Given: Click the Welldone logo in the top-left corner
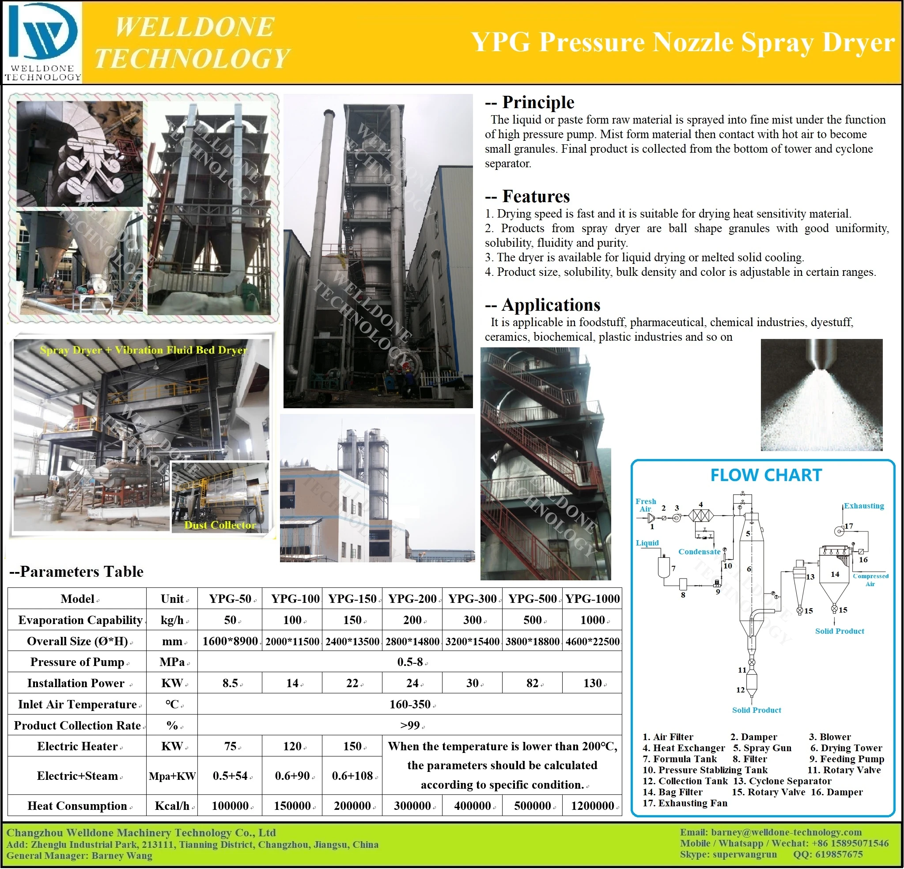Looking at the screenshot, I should click(42, 41).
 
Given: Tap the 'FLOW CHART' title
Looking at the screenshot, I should click(766, 475).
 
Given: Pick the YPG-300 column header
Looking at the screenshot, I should click(472, 599).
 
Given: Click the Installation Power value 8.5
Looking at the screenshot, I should click(230, 683).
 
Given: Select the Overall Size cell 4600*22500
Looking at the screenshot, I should click(592, 641).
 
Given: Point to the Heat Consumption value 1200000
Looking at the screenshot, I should click(592, 806).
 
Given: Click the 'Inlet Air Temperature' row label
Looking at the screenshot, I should click(77, 704).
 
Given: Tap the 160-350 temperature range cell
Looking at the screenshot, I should click(409, 704).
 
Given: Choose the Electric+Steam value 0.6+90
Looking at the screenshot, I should click(292, 776).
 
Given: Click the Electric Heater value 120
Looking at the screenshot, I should click(292, 746).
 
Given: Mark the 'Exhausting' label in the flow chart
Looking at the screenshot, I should click(863, 506).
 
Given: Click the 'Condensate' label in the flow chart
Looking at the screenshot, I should click(699, 552).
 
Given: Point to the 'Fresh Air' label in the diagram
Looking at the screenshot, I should click(645, 505).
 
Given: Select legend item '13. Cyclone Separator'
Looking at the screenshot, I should click(782, 781).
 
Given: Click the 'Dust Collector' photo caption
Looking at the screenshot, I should click(219, 525).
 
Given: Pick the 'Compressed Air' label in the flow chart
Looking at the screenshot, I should click(870, 580).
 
